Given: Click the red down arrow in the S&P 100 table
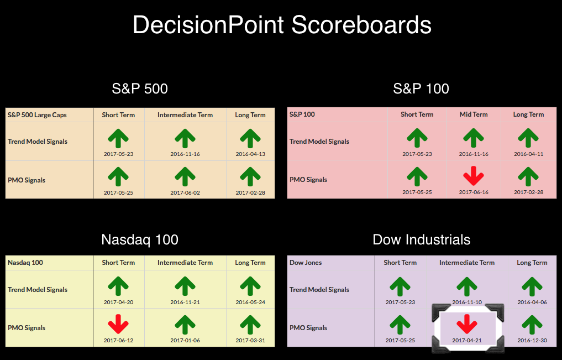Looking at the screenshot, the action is tap(474, 176).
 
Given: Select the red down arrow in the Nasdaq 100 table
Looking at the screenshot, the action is tap(118, 324).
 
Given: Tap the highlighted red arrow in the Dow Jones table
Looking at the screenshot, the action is tap(467, 324).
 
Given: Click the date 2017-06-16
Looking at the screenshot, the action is tap(474, 192).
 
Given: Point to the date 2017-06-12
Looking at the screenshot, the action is tap(118, 340).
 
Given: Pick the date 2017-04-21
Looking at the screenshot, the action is tap(467, 340).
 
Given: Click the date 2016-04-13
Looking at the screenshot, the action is tap(250, 154).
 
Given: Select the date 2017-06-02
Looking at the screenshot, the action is tap(185, 192).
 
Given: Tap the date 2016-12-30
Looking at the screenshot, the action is tap(532, 340).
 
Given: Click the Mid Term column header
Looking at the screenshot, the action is tap(474, 114).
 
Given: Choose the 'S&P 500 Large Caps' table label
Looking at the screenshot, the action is tap(37, 115).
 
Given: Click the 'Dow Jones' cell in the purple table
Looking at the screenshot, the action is tap(306, 263).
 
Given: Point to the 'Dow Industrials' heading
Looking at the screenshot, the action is tap(422, 239).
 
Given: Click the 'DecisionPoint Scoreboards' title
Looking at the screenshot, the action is tap(282, 25).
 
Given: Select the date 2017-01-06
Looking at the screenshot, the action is tap(185, 340).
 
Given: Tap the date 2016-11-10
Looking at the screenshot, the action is tap(467, 302).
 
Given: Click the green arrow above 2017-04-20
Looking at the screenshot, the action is tap(118, 286).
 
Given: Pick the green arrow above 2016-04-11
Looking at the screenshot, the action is tap(528, 138).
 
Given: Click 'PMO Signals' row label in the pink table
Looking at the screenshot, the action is tap(308, 180).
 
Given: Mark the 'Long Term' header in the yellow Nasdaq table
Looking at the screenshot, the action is tap(250, 263).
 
